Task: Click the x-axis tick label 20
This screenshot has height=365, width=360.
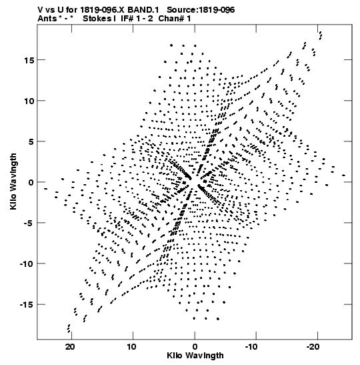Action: pyautogui.click(x=70, y=347)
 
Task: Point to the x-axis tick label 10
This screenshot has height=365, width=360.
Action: pyautogui.click(x=131, y=347)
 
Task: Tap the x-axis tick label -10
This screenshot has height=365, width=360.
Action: pyautogui.click(x=251, y=347)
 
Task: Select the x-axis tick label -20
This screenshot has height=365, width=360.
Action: pyautogui.click(x=313, y=347)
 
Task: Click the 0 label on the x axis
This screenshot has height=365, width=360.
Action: pyautogui.click(x=195, y=347)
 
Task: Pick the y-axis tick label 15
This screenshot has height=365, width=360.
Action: pyautogui.click(x=29, y=60)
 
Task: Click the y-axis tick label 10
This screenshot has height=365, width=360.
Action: pyautogui.click(x=29, y=101)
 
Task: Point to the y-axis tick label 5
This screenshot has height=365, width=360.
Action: pyautogui.click(x=31, y=141)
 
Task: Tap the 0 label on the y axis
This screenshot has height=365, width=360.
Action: pyautogui.click(x=31, y=183)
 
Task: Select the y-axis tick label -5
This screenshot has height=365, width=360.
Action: pyautogui.click(x=29, y=224)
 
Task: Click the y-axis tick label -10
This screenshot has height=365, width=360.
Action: pyautogui.click(x=27, y=264)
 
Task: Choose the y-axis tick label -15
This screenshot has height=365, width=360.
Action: pyautogui.click(x=27, y=305)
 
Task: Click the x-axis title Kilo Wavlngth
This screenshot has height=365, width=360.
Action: pyautogui.click(x=195, y=356)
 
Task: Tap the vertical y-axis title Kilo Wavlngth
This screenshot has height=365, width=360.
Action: pyautogui.click(x=13, y=181)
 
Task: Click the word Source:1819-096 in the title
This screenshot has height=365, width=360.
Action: pyautogui.click(x=201, y=10)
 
